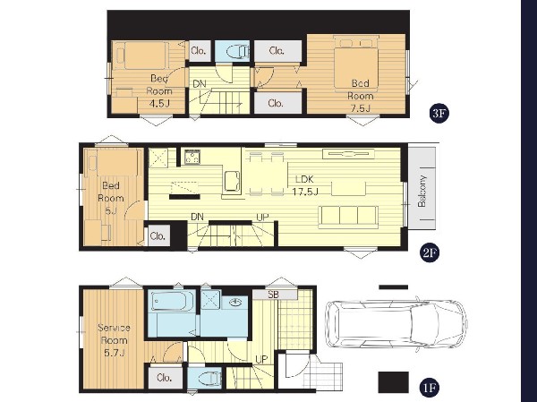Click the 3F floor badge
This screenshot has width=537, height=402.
(439, 113)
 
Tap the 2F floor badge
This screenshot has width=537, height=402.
(430, 252)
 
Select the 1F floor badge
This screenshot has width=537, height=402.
(430, 388)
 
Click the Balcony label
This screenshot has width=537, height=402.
(422, 192)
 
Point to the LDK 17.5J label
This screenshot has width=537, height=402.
(305, 185)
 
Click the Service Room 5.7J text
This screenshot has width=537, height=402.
(114, 340)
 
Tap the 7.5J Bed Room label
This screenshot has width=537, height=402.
(361, 96)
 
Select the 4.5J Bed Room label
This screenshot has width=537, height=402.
(159, 90)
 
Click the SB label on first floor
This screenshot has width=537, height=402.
(273, 295)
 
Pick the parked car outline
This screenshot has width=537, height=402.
(396, 324)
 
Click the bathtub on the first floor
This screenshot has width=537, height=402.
(169, 301)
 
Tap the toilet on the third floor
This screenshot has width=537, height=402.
(238, 51)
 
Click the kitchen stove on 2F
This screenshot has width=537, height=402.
(192, 157)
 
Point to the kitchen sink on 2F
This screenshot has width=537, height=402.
(232, 182)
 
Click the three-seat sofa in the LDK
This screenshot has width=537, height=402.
(348, 217)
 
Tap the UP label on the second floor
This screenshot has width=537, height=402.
(262, 217)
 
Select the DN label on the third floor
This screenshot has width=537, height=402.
(200, 84)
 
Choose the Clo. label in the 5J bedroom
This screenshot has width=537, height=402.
(158, 236)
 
